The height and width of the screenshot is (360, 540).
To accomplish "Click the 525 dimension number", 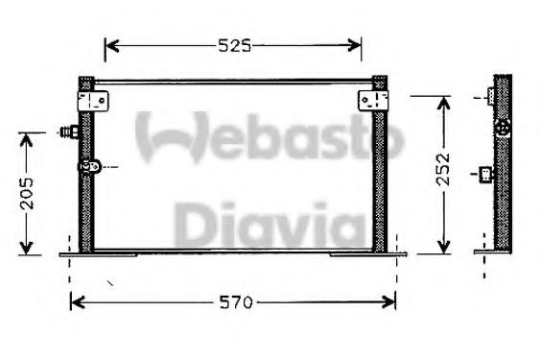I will click(233, 45).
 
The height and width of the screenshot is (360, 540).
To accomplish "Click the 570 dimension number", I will click(233, 302).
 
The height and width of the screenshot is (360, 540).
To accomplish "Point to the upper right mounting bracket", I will click(373, 100).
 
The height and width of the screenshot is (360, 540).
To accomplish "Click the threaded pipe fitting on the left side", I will click(69, 132).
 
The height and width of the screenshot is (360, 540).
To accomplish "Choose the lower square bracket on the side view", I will click(487, 174).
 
